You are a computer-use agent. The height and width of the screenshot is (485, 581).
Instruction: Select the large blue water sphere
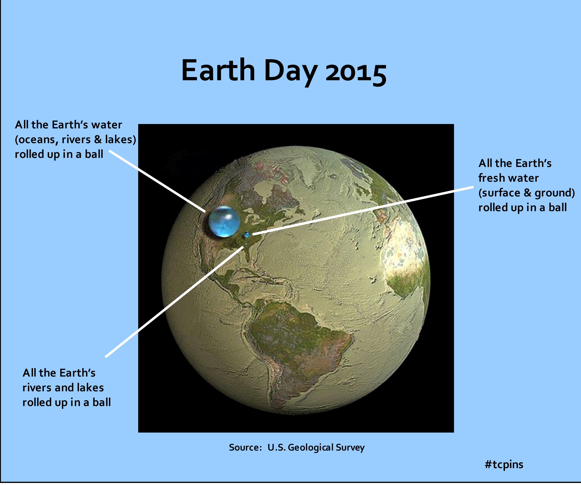(x=224, y=222)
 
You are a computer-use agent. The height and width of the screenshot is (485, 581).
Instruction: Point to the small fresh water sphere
(x=247, y=235)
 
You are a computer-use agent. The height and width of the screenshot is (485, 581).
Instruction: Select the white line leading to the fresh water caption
(x=363, y=211)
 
